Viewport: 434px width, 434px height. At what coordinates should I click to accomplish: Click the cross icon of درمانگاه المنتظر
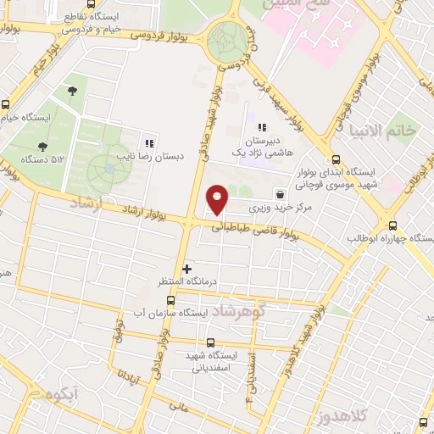coord(187,270)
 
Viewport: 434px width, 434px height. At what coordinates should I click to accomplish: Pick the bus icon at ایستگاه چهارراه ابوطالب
coord(392,225)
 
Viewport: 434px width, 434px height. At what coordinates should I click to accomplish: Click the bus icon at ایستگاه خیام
coord(7,104)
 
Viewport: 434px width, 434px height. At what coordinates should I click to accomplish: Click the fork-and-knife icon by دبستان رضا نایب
coord(151,142)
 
